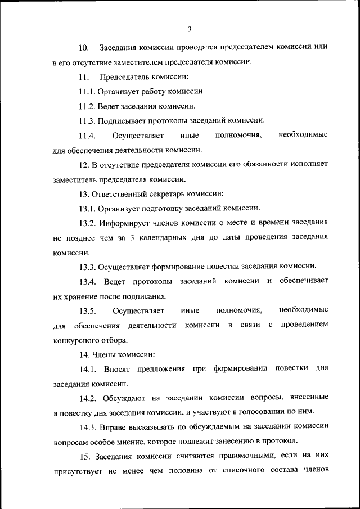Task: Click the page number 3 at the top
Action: pos(190,29)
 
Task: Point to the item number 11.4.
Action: pos(88,135)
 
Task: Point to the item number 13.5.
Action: pos(88,310)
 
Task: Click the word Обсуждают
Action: pos(124,398)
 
